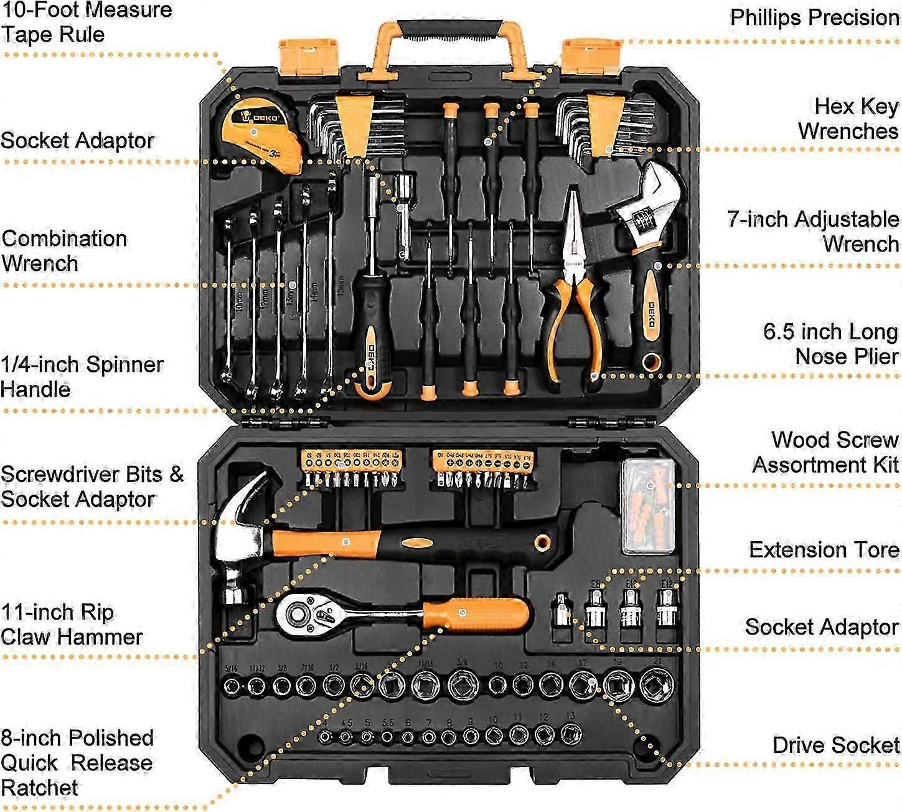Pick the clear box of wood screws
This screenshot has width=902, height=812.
tap(648, 506)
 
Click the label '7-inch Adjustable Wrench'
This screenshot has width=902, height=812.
tap(813, 231)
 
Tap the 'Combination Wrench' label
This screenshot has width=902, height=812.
tap(64, 250)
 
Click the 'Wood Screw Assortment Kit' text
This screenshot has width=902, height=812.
tap(825, 452)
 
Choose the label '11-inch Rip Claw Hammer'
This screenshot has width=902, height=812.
tap(72, 624)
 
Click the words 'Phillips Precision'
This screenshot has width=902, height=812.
tap(814, 17)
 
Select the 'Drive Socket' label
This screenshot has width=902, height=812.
tap(835, 745)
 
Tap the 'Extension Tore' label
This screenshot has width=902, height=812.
tap(824, 550)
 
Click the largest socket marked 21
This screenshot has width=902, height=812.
tap(656, 685)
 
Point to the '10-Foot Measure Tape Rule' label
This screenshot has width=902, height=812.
tap(86, 22)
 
